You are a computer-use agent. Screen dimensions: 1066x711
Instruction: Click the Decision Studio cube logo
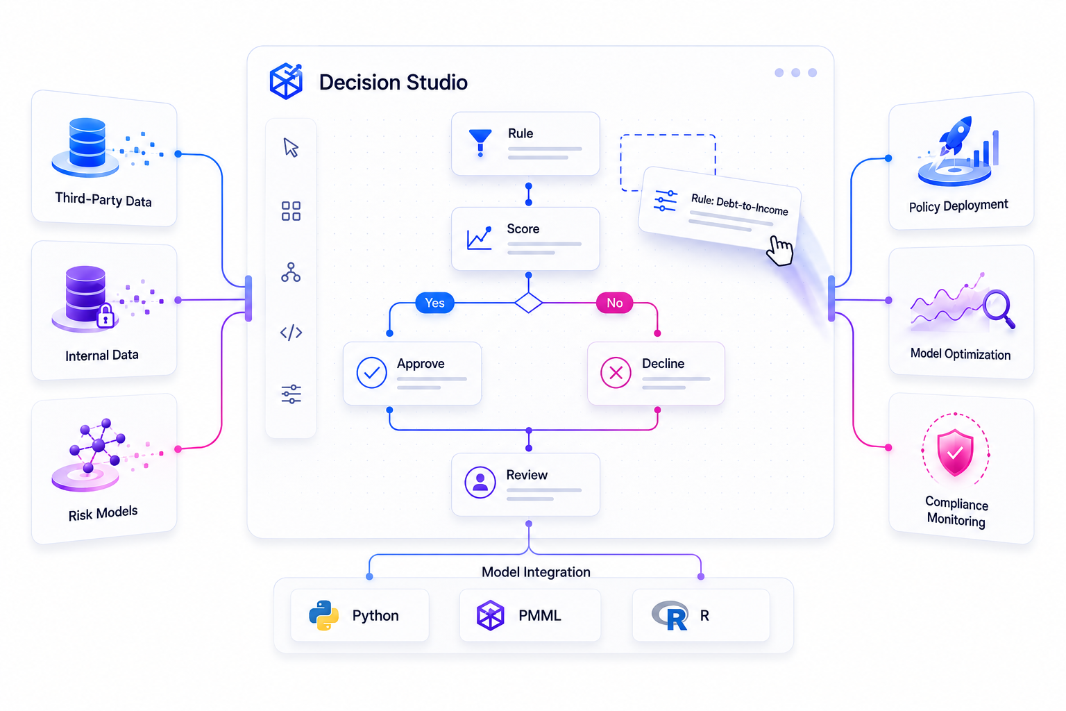[286, 81]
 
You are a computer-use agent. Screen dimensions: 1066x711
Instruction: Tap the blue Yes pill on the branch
[434, 303]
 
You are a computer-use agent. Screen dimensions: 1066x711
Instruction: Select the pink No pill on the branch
[614, 303]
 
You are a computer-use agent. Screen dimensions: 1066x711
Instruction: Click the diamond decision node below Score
[529, 303]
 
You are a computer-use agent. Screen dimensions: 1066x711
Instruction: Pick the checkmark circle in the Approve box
[372, 372]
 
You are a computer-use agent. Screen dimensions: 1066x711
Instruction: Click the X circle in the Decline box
[616, 372]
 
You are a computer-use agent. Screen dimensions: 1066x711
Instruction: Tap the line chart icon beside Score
[480, 238]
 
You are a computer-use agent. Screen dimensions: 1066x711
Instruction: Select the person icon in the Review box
[480, 483]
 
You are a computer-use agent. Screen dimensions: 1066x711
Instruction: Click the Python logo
[323, 615]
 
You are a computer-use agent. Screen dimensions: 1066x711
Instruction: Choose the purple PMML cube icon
[490, 615]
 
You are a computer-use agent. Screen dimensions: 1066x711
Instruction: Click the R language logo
[670, 615]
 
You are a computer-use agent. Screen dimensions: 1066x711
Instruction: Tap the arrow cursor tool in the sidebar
[291, 148]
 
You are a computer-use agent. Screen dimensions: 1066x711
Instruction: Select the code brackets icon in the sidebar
[291, 333]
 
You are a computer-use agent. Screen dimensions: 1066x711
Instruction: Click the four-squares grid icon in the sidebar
[291, 211]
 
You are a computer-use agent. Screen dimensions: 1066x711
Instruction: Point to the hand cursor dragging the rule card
[780, 251]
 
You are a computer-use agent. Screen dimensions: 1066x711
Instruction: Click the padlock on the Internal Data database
[105, 316]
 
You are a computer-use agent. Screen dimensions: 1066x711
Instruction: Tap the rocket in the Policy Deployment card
[955, 136]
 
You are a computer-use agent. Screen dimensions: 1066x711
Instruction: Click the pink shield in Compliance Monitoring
[955, 452]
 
